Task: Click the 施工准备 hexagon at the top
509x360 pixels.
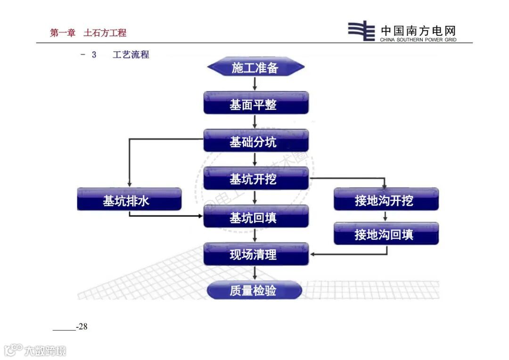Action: click(x=255, y=67)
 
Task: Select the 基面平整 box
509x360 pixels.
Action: click(x=255, y=103)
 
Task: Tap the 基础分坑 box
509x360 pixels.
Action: click(x=255, y=141)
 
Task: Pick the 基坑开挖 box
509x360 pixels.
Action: click(x=255, y=179)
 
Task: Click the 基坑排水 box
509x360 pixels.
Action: click(x=129, y=200)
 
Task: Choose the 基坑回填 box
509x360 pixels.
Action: click(x=255, y=217)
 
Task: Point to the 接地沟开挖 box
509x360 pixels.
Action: click(x=386, y=200)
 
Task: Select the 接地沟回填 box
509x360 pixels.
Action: click(x=386, y=234)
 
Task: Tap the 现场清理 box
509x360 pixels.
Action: click(x=255, y=254)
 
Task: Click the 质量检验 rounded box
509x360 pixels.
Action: click(x=254, y=290)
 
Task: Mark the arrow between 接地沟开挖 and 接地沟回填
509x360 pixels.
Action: click(x=386, y=216)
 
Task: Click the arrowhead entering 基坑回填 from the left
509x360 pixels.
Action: click(x=200, y=216)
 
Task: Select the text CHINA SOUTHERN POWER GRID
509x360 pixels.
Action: click(x=418, y=40)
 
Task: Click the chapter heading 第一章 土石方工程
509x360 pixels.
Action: click(x=88, y=33)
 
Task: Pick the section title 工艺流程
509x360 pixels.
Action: click(x=131, y=55)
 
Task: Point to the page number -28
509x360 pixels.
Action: click(x=82, y=327)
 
